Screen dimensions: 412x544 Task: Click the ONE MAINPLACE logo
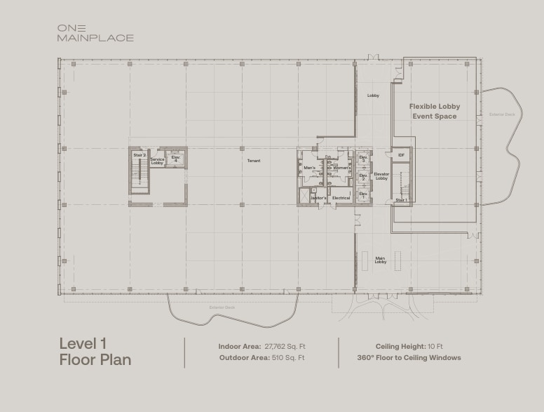95,33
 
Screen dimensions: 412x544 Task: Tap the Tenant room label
253,161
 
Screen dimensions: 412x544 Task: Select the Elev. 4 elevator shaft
175,159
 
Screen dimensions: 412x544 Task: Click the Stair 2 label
140,155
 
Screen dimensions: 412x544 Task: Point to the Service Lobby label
157,161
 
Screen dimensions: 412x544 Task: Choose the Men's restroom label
309,168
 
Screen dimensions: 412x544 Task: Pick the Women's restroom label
341,168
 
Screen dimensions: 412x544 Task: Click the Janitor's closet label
318,198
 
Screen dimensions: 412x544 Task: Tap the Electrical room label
341,198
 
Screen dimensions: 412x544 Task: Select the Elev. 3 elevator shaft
363,159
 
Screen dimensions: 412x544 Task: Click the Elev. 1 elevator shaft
363,194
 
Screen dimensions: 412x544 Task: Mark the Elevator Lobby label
381,176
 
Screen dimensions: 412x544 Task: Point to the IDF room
401,155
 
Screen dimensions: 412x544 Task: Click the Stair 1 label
401,200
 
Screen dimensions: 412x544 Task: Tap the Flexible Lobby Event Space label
435,112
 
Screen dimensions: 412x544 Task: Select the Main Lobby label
380,260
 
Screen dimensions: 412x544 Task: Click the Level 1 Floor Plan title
95,352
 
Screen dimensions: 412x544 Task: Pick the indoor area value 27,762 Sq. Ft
285,346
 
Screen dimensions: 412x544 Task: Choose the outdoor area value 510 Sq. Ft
288,357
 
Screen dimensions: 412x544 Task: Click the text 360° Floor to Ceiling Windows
409,357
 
